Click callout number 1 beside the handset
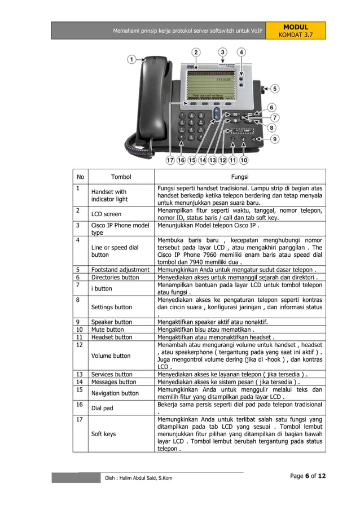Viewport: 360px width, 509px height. pos(131,59)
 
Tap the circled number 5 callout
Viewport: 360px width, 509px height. pos(274,89)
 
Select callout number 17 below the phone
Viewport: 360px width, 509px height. pos(170,160)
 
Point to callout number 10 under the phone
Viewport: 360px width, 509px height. pos(243,160)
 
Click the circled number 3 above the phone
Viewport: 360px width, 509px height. pos(223,52)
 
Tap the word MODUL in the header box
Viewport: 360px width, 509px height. pos(296,27)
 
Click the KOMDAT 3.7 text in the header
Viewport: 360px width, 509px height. pos(296,35)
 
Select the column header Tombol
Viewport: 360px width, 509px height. pos(121,177)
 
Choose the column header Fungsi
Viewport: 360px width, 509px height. pos(240,177)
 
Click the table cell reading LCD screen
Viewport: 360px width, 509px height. pos(106,214)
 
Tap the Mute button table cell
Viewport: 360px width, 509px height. pos(107,330)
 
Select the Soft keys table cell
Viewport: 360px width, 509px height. pos(103,435)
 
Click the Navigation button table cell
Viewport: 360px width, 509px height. pos(115,393)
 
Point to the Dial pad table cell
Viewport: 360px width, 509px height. pos(103,408)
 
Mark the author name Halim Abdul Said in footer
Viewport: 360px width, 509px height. pos(139,478)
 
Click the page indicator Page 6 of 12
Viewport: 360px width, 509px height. pos(308,476)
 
